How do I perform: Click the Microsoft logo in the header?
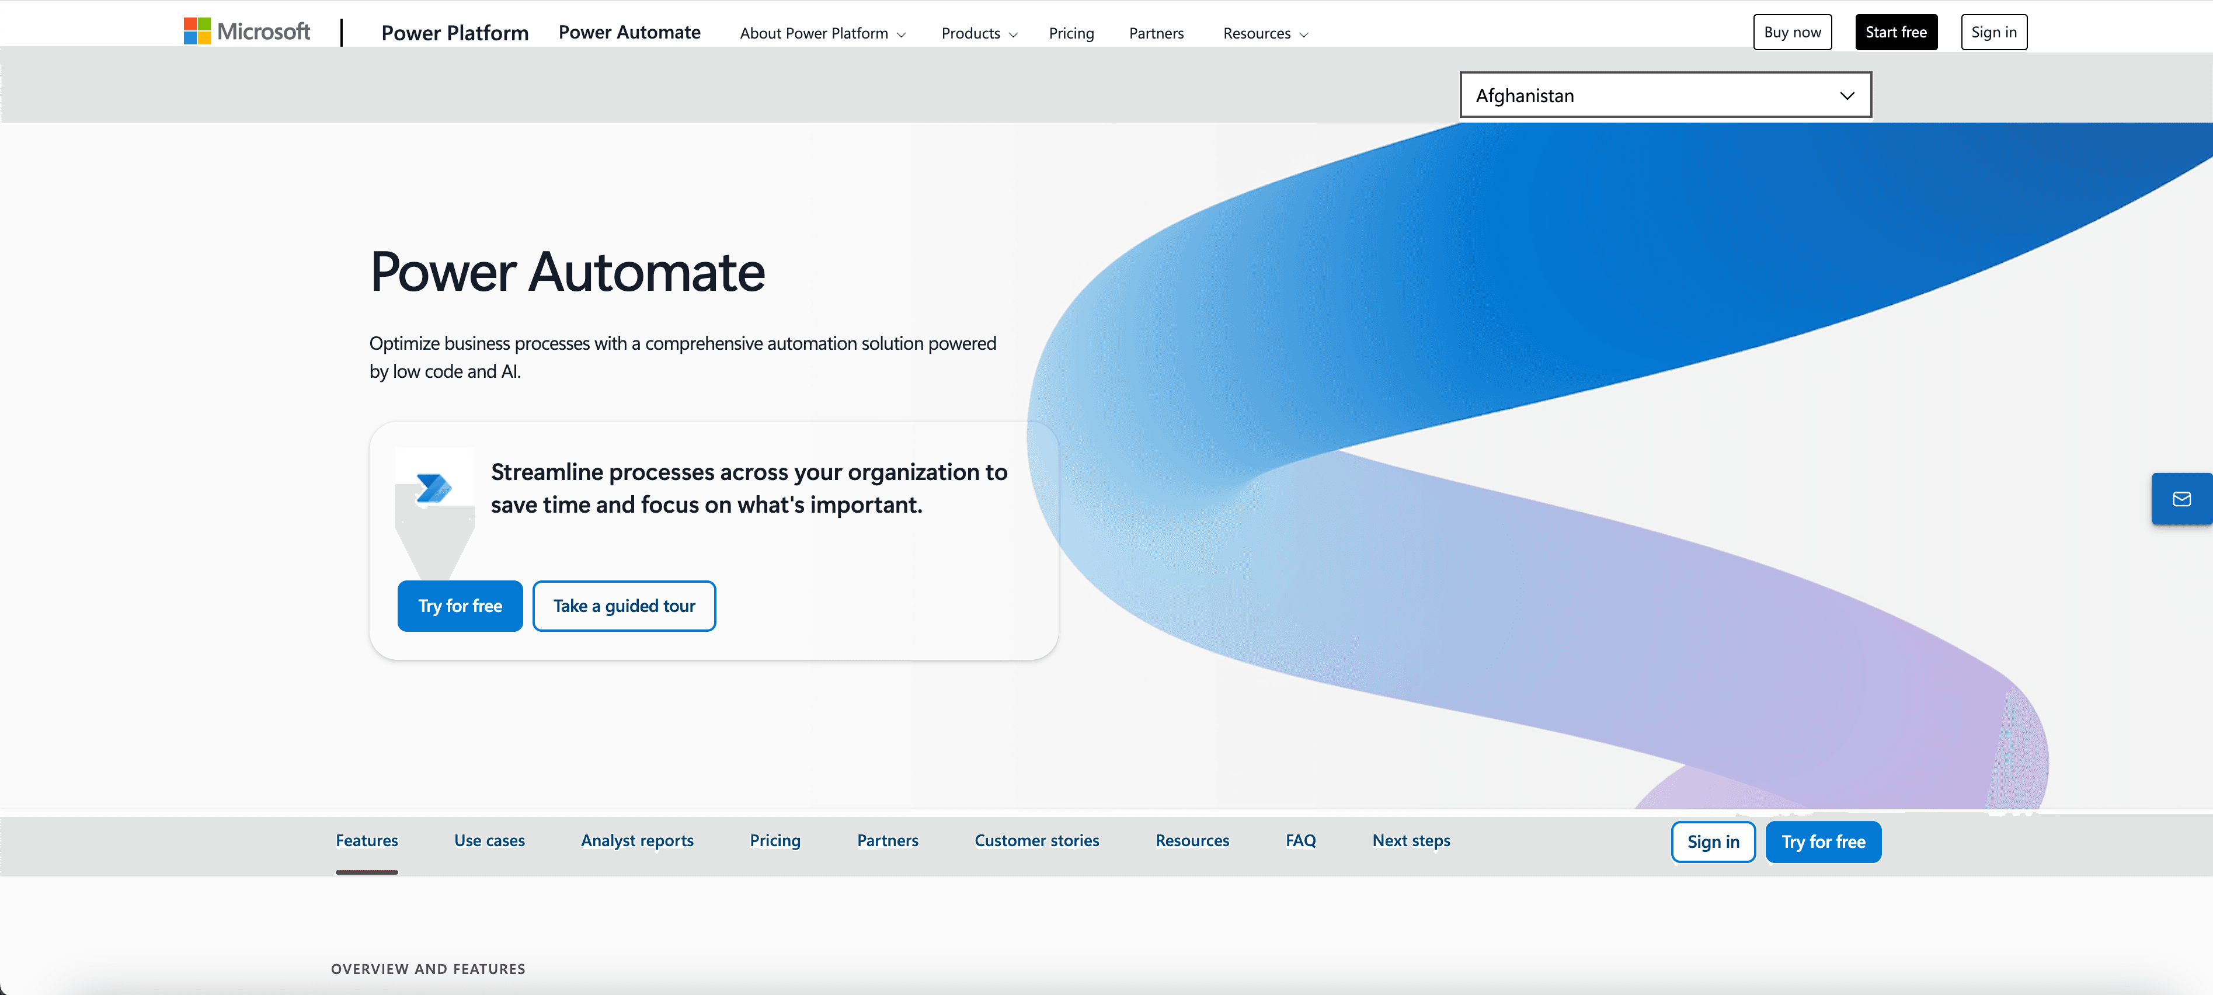246,32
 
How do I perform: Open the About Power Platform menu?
822,33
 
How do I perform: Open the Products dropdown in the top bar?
979,33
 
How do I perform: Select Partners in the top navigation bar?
1156,33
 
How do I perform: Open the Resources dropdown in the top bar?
1265,33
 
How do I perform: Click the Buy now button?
1791,33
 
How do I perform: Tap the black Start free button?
1895,33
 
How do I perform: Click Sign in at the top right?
1993,33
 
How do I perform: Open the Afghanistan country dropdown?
1664,95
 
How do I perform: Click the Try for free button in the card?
460,606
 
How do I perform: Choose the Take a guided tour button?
624,606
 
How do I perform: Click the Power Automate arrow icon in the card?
434,488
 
